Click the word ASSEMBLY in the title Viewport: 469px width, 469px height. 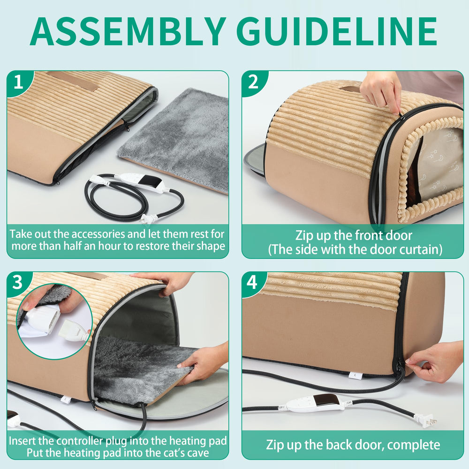[128, 31]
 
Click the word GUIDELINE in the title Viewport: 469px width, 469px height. [339, 31]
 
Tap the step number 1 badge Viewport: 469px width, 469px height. [19, 82]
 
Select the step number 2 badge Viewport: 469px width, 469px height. [253, 82]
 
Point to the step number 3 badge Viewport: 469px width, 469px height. [18, 282]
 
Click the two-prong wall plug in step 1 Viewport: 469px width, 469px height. [149, 219]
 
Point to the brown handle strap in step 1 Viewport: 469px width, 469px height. [73, 81]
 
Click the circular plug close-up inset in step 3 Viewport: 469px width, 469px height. [54, 321]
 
